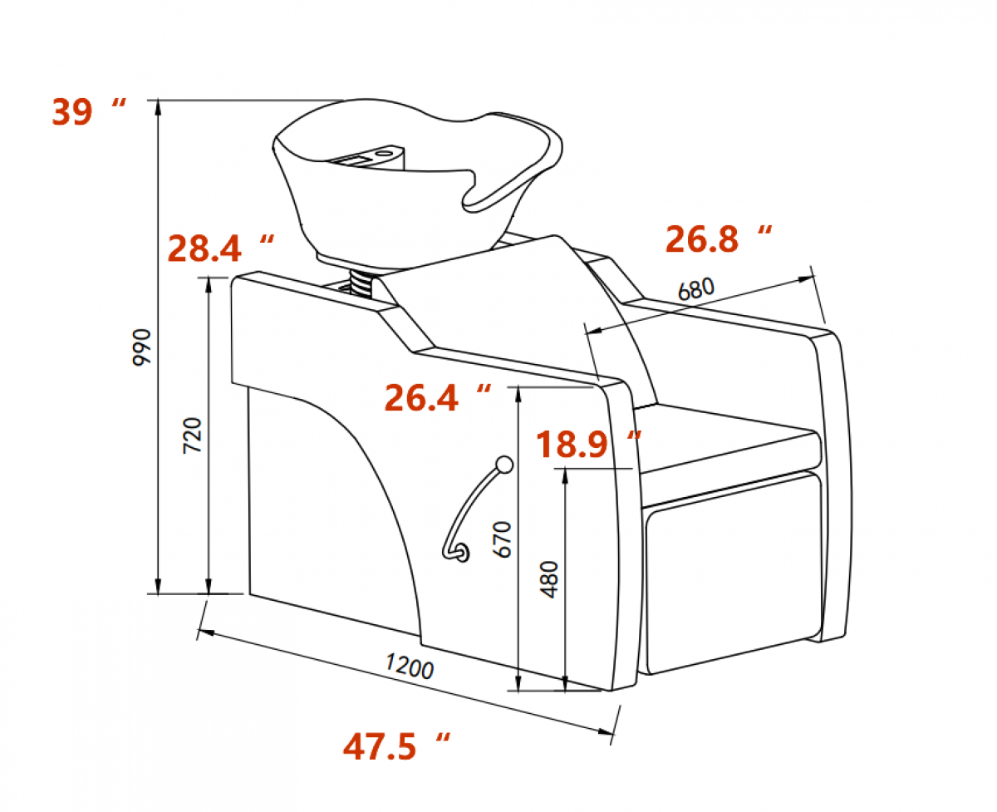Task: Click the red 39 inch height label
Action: click(88, 111)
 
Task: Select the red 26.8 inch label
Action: click(719, 239)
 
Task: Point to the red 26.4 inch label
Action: click(438, 398)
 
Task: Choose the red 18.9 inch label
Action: click(588, 444)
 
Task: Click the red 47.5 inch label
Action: click(396, 746)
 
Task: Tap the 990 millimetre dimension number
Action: click(141, 347)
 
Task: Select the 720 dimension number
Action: click(192, 435)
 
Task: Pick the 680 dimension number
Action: click(696, 289)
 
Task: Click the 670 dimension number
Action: click(503, 539)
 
